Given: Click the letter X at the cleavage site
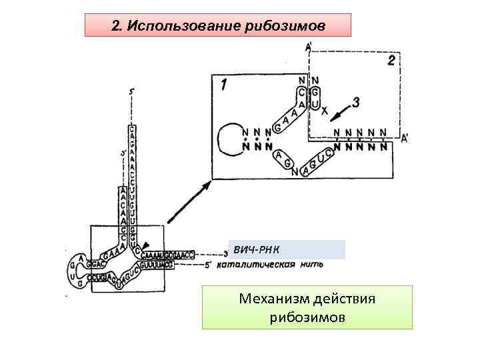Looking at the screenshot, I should coord(325,113).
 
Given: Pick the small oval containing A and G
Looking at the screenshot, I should coord(283,159).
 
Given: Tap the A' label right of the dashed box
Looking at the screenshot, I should coord(405,138).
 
